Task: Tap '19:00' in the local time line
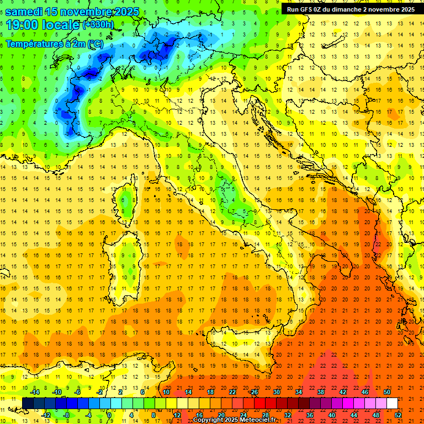pyautogui.click(x=21, y=24)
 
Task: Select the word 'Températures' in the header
pyautogui.click(x=33, y=43)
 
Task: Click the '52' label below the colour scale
pyautogui.click(x=397, y=415)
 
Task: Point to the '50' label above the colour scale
pyautogui.click(x=387, y=392)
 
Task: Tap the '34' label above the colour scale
pyautogui.click(x=299, y=392)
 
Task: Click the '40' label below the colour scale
pyautogui.click(x=331, y=415)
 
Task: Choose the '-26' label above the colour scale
pyautogui.click(x=253, y=392)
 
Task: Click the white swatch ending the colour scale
pyautogui.click(x=392, y=403)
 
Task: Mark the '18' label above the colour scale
pyautogui.click(x=210, y=392)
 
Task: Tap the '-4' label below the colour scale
pyautogui.click(x=88, y=415)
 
